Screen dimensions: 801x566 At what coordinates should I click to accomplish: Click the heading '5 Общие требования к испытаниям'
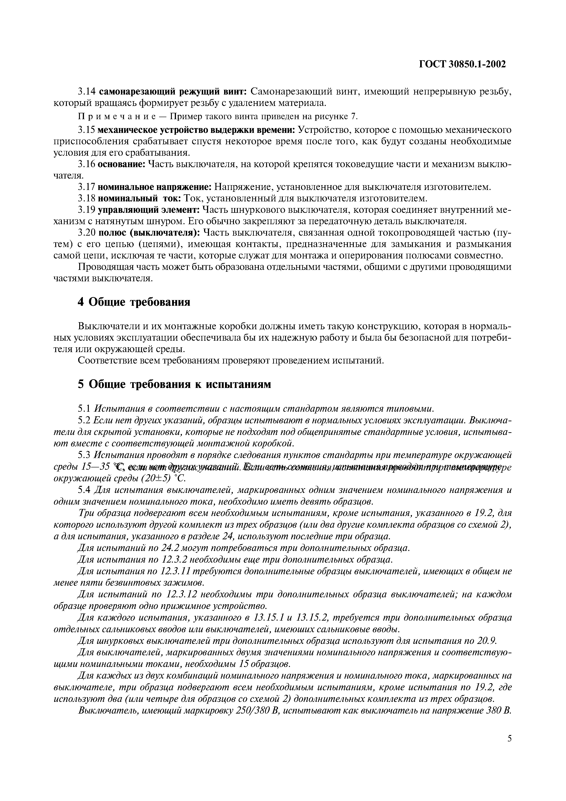point(174,384)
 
